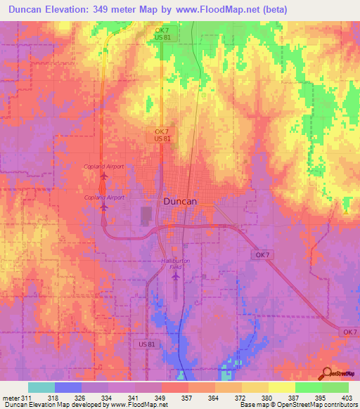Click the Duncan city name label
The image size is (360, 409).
pos(180,200)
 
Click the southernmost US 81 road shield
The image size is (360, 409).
pos(144,344)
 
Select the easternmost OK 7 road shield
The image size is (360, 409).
pos(349,331)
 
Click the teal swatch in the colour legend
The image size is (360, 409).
pos(41,387)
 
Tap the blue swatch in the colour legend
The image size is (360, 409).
pos(68,387)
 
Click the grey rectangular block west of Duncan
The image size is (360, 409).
pos(146,216)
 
